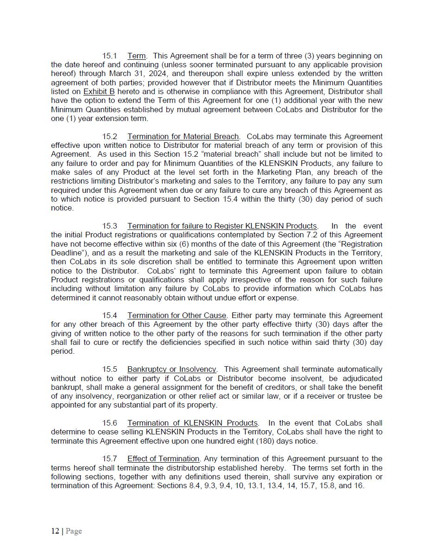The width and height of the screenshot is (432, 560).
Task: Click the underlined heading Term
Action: coord(136,56)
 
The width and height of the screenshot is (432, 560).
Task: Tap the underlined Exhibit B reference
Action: coord(99,92)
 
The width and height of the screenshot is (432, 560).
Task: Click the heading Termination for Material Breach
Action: coord(183,137)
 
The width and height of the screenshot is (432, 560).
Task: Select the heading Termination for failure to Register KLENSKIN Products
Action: coord(222,226)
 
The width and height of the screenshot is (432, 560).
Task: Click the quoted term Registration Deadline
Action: coord(356,244)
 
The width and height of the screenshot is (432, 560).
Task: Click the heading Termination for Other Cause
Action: coord(177,316)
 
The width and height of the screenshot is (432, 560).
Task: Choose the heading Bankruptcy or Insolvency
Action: coord(172,369)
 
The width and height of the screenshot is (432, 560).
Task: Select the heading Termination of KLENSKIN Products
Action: coord(192,423)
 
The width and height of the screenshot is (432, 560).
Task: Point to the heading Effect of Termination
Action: coord(163,459)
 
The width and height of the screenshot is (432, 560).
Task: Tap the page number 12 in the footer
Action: coord(55,531)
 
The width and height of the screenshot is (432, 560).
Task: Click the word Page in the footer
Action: coord(74,531)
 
